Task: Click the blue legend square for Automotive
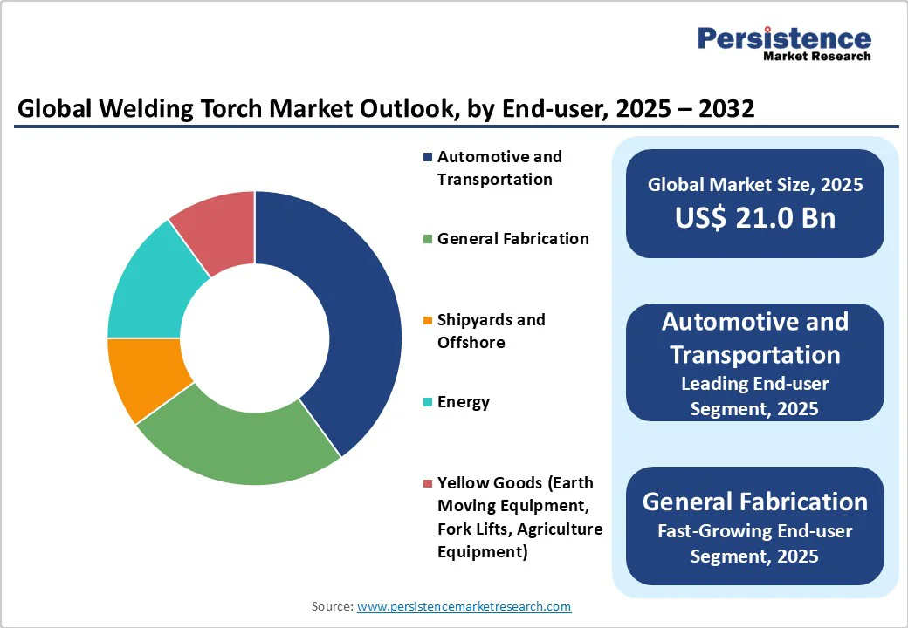click(428, 157)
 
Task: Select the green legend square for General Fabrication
click(428, 239)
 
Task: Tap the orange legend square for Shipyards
click(428, 320)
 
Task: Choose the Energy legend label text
click(464, 402)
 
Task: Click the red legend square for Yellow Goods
click(428, 483)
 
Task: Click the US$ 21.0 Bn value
click(755, 217)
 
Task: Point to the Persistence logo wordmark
click(784, 38)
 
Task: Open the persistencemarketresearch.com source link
click(464, 606)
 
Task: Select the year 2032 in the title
click(726, 108)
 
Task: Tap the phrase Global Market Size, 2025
click(755, 184)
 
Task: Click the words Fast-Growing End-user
click(755, 531)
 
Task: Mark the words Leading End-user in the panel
click(755, 384)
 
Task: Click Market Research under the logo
click(817, 56)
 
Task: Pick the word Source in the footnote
click(333, 606)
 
